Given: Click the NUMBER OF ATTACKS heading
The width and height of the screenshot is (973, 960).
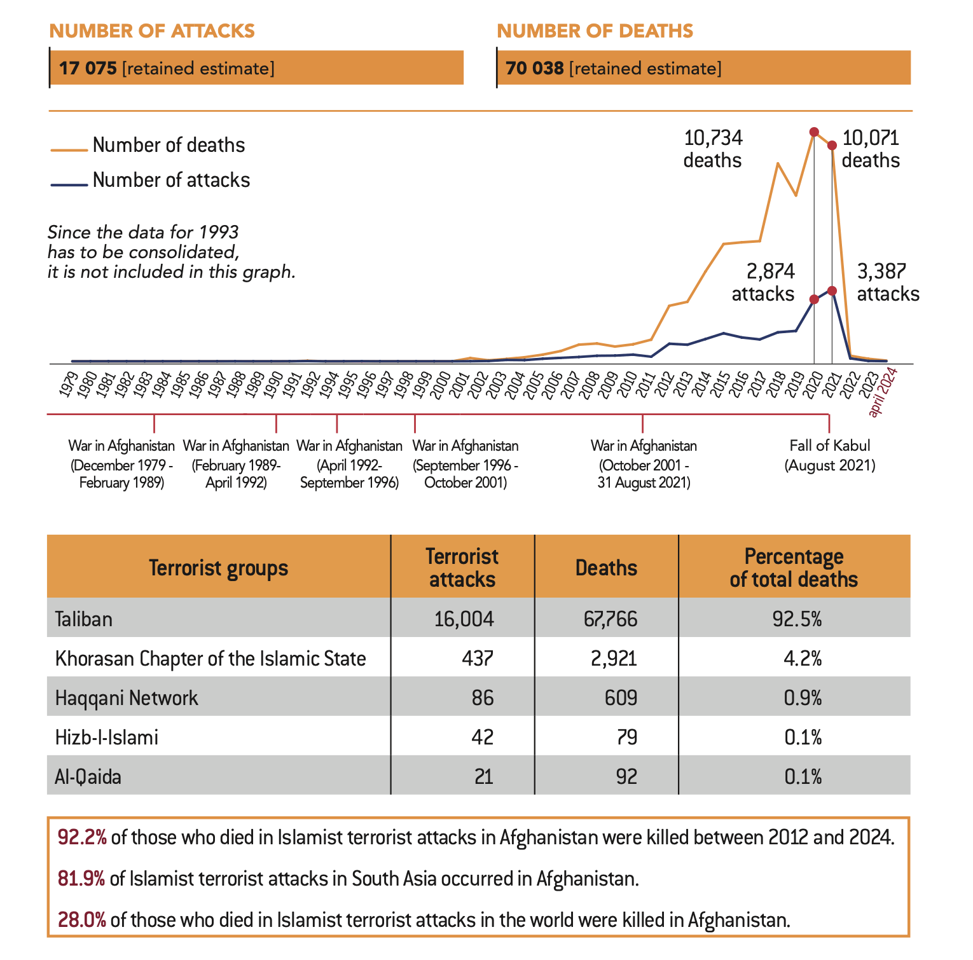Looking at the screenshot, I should (152, 31).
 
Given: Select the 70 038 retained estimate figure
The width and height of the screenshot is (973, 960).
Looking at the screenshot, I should (534, 68).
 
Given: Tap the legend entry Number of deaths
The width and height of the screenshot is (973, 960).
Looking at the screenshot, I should (169, 146).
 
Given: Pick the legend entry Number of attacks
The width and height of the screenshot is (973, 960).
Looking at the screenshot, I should (171, 181).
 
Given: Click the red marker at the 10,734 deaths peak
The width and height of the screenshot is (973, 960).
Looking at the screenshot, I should (813, 132).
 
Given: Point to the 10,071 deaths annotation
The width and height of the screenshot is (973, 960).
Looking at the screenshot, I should (871, 149).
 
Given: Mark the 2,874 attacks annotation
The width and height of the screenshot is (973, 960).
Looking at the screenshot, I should (763, 283).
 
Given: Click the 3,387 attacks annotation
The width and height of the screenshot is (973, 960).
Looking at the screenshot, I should (888, 283).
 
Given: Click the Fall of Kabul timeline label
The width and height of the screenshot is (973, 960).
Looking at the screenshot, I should (829, 455).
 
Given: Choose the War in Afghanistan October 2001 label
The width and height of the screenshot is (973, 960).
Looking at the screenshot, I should (644, 464).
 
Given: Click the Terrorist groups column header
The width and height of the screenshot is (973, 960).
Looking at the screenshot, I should (218, 568).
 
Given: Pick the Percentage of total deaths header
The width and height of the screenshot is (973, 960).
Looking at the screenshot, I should (794, 568).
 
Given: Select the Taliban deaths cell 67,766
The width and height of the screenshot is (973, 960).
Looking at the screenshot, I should (610, 619).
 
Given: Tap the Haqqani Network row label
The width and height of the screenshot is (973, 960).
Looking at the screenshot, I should (127, 698).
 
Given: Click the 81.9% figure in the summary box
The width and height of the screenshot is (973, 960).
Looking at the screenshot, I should (81, 879).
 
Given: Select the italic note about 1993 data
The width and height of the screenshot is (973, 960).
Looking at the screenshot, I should (172, 252).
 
